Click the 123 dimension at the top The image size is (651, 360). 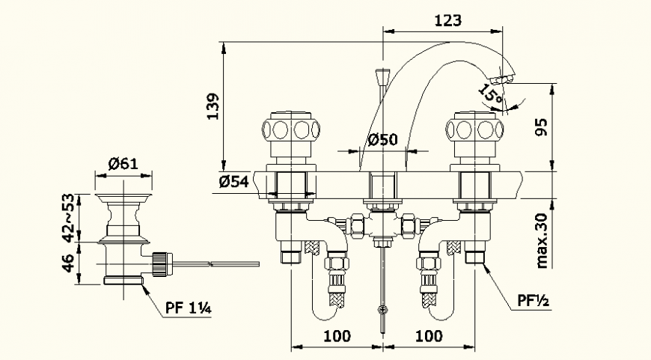pyautogui.click(x=447, y=20)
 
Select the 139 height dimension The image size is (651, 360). pyautogui.click(x=213, y=107)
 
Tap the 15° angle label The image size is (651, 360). pyautogui.click(x=491, y=95)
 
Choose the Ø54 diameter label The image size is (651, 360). pyautogui.click(x=233, y=182)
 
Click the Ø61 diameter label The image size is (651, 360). pyautogui.click(x=123, y=164)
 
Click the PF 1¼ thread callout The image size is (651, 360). pyautogui.click(x=187, y=306)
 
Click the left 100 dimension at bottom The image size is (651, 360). pyautogui.click(x=337, y=336)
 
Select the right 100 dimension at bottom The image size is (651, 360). pyautogui.click(x=428, y=336)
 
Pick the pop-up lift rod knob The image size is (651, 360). pyautogui.click(x=384, y=75)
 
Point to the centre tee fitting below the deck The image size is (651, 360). pyautogui.click(x=383, y=224)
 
